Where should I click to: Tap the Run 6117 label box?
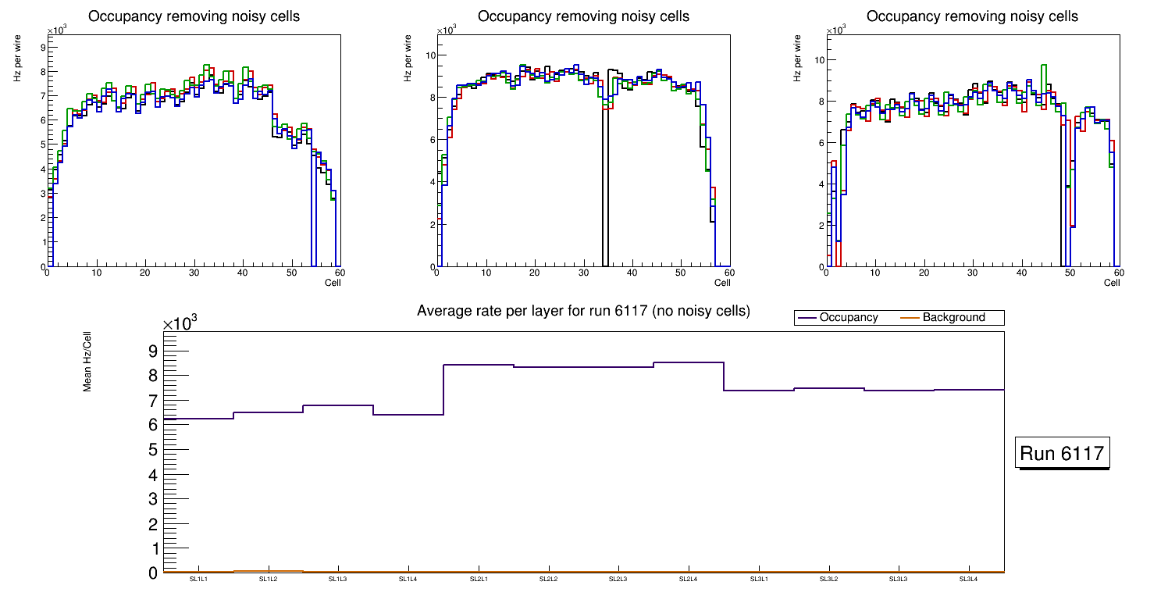(1063, 454)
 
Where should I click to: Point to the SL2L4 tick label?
(688, 580)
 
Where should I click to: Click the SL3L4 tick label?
(968, 580)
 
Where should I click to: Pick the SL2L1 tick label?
(478, 580)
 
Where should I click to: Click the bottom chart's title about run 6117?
(583, 311)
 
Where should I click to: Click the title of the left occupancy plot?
(194, 16)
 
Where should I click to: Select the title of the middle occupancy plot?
(583, 16)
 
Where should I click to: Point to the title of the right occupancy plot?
(973, 16)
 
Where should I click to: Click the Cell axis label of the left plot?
(333, 283)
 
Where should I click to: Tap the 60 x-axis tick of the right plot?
(1118, 273)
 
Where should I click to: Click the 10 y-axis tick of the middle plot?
(428, 55)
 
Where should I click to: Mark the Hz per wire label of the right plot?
(798, 62)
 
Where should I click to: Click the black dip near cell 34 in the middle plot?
(605, 187)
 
